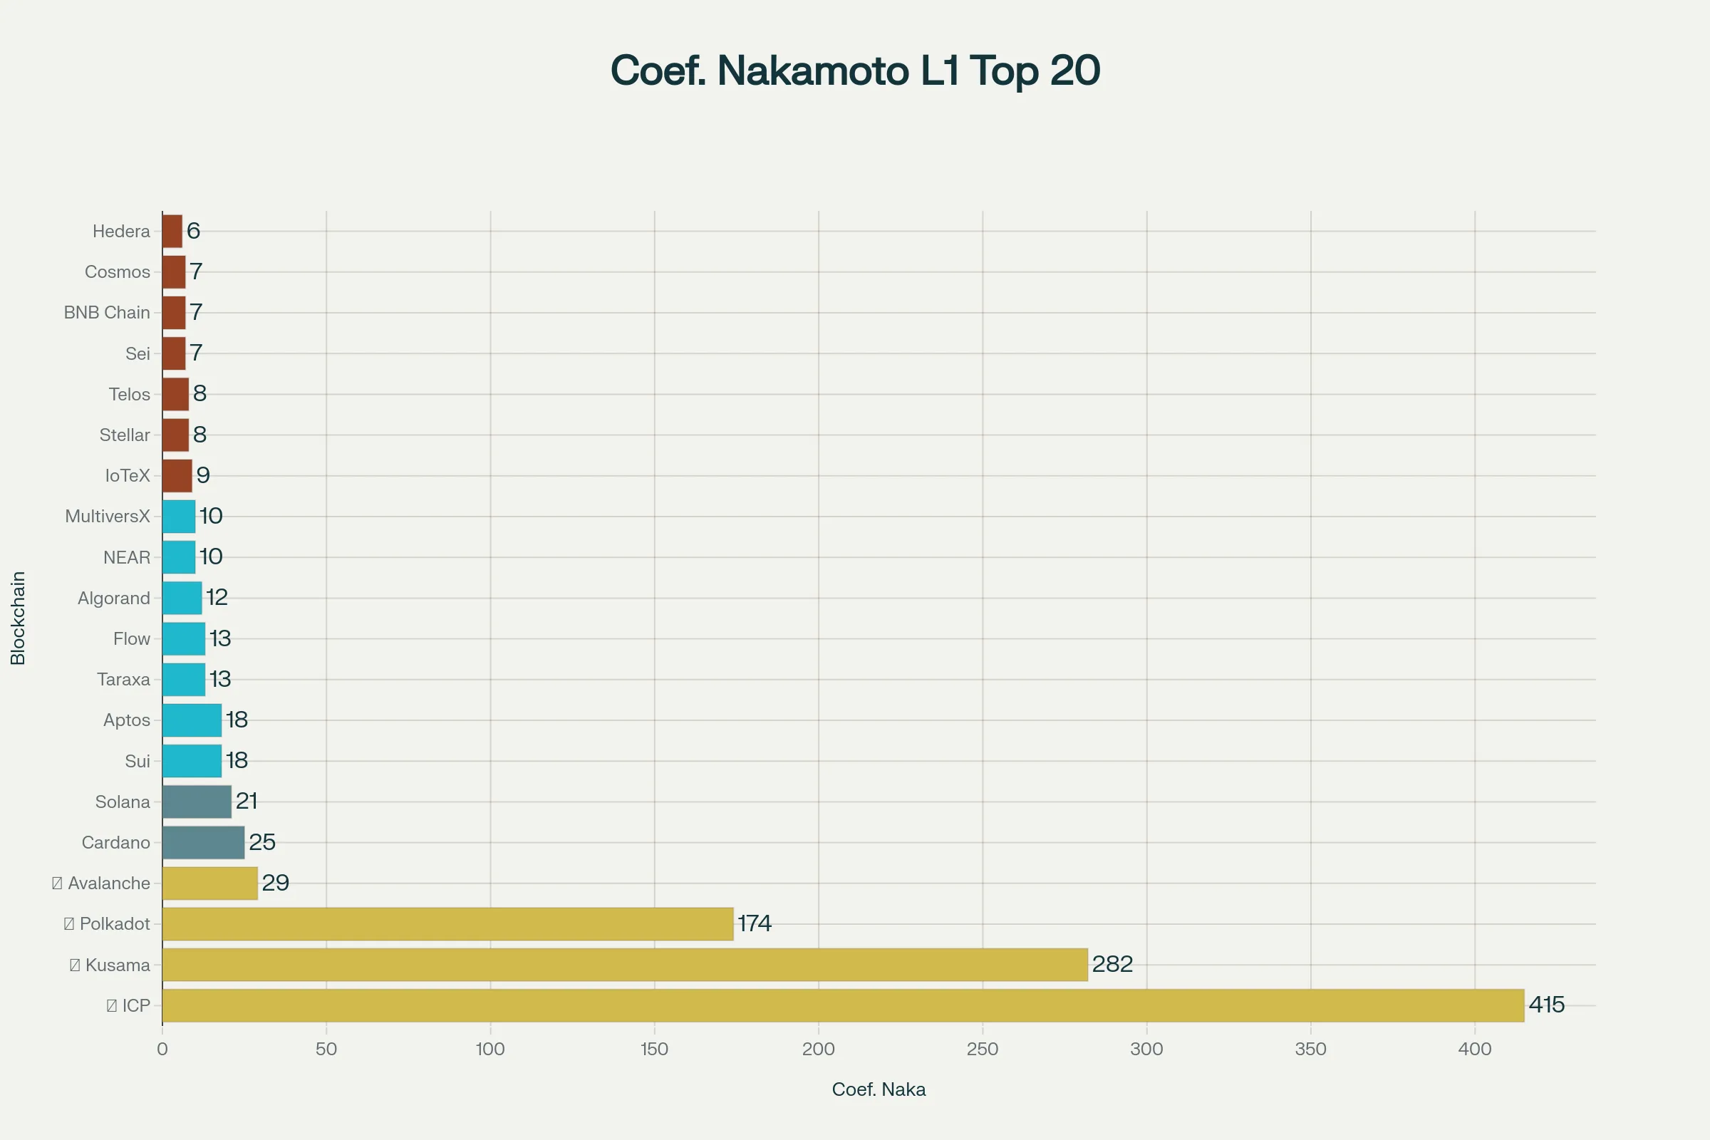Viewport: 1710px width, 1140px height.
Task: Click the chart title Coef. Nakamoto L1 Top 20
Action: tap(855, 71)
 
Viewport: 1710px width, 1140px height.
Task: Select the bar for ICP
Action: tap(843, 1005)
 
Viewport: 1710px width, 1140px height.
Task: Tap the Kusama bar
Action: tap(625, 965)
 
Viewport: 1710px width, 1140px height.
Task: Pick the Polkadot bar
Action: tap(447, 924)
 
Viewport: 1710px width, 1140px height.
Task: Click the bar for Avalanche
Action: tap(209, 883)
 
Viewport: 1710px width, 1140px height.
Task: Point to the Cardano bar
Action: tap(203, 843)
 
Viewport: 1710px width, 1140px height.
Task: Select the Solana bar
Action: tap(197, 802)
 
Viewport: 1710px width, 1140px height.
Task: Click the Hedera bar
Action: tap(172, 231)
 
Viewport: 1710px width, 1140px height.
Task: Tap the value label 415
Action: tap(1546, 1005)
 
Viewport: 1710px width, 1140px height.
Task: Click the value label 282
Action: tap(1112, 964)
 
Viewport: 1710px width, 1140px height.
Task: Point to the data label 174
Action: tap(755, 923)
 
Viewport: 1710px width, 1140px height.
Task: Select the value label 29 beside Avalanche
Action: tap(276, 883)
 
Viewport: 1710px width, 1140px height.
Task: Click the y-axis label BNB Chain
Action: tap(107, 313)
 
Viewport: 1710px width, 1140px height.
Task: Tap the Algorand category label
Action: tap(114, 598)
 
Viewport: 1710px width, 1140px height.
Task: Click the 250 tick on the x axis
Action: tap(983, 1049)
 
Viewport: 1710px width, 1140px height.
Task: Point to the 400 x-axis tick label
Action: tap(1474, 1049)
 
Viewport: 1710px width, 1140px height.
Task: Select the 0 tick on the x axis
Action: tap(162, 1049)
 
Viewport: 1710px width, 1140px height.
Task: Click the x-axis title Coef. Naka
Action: tap(879, 1089)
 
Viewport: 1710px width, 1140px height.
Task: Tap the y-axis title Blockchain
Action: tap(19, 618)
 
